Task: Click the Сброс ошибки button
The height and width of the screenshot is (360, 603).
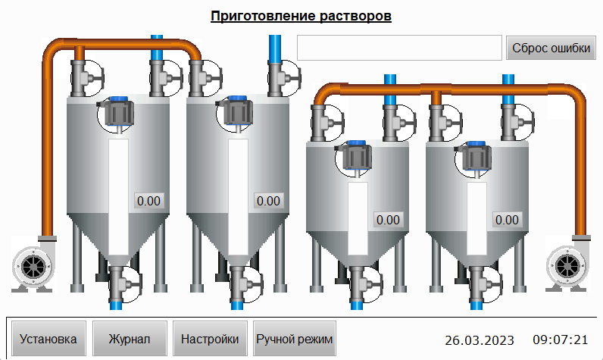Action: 551,48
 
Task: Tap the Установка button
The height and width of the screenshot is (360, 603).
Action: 48,339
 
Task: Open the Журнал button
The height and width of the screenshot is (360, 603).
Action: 130,339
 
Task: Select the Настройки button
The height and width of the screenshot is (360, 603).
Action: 210,339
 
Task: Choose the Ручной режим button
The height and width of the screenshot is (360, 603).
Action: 295,339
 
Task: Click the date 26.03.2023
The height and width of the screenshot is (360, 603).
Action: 480,340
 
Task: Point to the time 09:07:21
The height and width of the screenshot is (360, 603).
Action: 561,340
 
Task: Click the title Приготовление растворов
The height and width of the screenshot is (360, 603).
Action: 301,16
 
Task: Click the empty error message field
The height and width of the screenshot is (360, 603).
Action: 399,48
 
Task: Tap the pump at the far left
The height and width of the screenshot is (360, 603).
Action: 33,264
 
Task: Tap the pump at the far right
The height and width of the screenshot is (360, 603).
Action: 568,264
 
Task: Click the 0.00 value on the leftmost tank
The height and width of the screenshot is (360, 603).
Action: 148,201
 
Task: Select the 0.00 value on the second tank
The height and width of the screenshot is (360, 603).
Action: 268,201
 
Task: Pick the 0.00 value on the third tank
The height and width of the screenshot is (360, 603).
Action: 388,220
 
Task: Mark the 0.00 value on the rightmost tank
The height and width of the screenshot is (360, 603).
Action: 508,220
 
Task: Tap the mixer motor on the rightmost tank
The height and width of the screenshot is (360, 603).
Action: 474,157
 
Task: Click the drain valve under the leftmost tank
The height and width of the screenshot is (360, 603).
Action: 122,286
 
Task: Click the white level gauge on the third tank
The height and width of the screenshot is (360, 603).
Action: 358,218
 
